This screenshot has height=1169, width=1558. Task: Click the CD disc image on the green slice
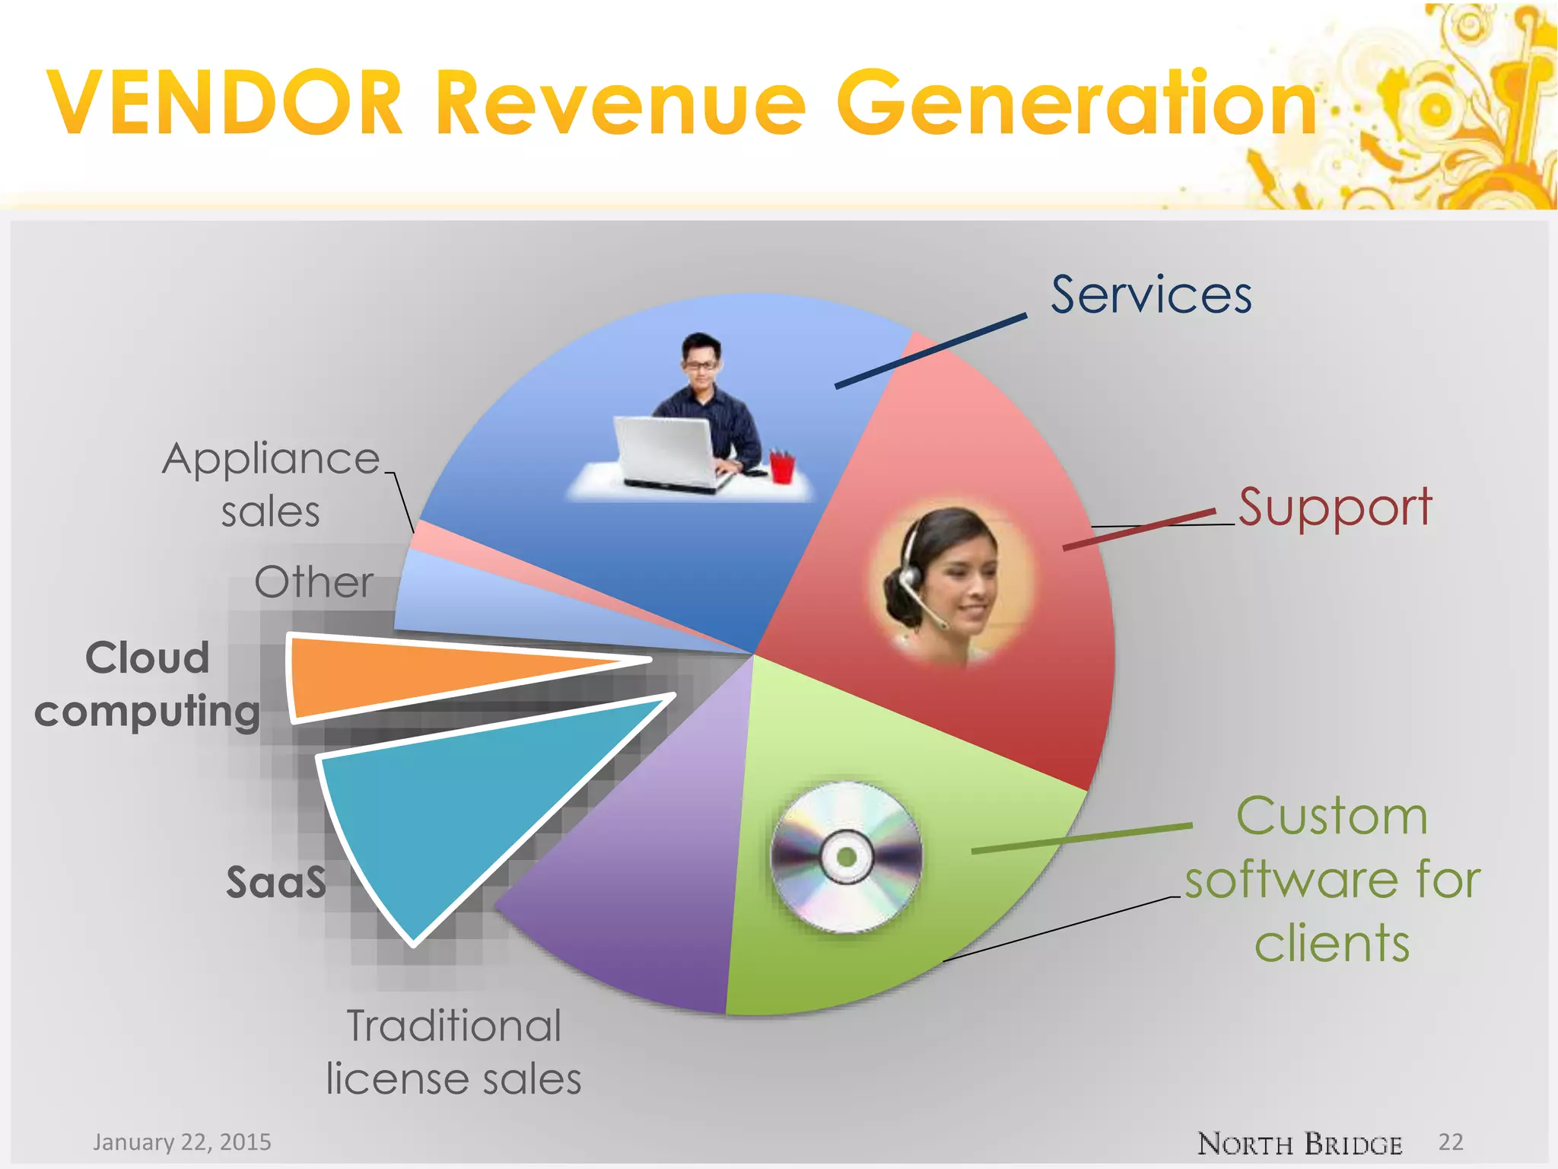pyautogui.click(x=846, y=857)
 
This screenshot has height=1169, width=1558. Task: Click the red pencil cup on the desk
pyautogui.click(x=781, y=467)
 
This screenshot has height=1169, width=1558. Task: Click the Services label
pyautogui.click(x=1151, y=295)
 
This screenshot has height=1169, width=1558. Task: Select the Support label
pyautogui.click(x=1335, y=508)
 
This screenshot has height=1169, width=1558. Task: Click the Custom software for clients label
pyautogui.click(x=1332, y=879)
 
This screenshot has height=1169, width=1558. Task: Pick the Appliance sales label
pyautogui.click(x=271, y=484)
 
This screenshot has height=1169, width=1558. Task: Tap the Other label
pyautogui.click(x=313, y=583)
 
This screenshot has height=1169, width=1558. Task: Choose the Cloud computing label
pyautogui.click(x=148, y=684)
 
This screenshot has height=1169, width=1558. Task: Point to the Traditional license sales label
pyautogui.click(x=454, y=1052)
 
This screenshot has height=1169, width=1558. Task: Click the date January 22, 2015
pyautogui.click(x=182, y=1142)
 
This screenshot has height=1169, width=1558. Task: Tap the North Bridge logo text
pyautogui.click(x=1299, y=1144)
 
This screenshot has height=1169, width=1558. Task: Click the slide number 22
pyautogui.click(x=1451, y=1142)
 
